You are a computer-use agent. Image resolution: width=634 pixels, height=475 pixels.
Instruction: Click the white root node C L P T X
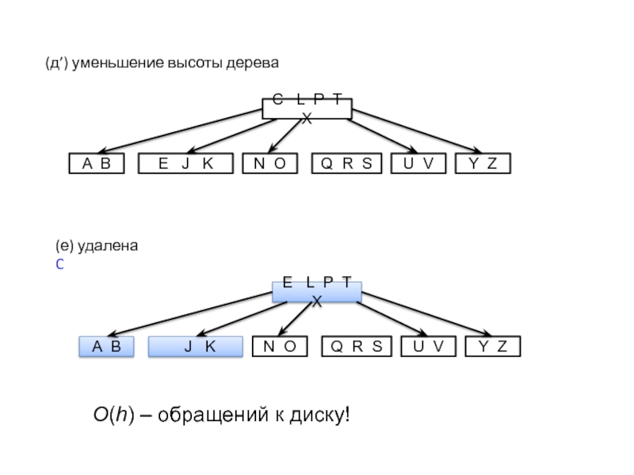[x=307, y=108]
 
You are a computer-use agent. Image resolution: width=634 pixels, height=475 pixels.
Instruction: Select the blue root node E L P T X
[x=316, y=291]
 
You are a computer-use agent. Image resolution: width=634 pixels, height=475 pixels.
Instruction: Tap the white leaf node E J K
[x=186, y=164]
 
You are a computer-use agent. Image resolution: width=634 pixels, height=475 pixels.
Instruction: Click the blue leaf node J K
[x=195, y=347]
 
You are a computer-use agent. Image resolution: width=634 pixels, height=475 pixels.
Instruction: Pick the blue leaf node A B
[x=106, y=347]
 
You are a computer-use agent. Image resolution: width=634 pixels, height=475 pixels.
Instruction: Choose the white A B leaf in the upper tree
[x=97, y=164]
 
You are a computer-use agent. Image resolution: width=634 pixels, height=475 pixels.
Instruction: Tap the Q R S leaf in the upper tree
[x=346, y=164]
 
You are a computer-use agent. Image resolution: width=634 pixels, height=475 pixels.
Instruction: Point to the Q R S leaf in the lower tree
[x=356, y=347]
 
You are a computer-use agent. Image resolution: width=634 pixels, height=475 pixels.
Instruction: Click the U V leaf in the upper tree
[x=418, y=164]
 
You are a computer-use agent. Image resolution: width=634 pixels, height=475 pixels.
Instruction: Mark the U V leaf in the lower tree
[x=428, y=347]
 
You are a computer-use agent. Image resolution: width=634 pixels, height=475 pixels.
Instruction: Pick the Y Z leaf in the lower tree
[x=492, y=347]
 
